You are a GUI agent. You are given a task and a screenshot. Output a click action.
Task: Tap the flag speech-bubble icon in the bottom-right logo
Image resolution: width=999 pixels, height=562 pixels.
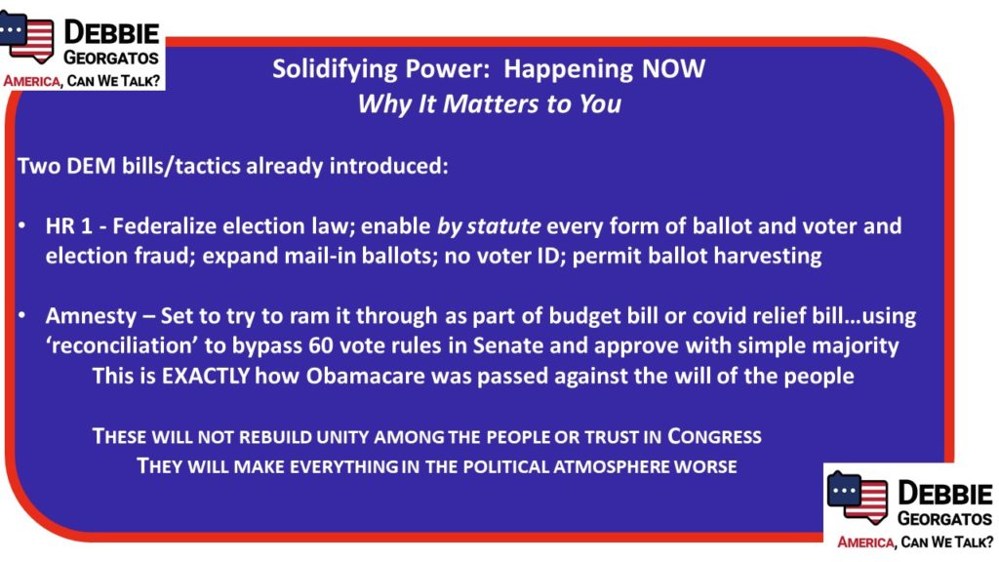point(858,497)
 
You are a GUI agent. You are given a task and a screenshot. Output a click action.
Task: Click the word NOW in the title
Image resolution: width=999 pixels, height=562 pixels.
point(673,69)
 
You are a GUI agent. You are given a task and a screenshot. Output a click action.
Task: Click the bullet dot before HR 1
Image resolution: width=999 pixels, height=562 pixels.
point(22,225)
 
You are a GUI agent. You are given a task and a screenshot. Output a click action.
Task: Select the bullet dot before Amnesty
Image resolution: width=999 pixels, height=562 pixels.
point(22,315)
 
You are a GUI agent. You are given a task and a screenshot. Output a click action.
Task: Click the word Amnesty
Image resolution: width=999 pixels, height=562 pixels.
point(91,317)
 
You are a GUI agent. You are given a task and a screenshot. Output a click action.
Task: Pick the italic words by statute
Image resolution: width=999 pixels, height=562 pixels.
point(489,226)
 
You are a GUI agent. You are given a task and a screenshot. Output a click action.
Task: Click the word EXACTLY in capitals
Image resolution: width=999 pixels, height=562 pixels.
point(205,376)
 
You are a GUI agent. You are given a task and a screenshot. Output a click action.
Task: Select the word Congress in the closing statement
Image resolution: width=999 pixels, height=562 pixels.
point(714,437)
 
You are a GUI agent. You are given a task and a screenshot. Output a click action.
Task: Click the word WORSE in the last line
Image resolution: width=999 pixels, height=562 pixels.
point(705,466)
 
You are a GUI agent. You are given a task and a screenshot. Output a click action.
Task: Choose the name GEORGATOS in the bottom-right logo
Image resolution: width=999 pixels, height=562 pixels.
point(944,519)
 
